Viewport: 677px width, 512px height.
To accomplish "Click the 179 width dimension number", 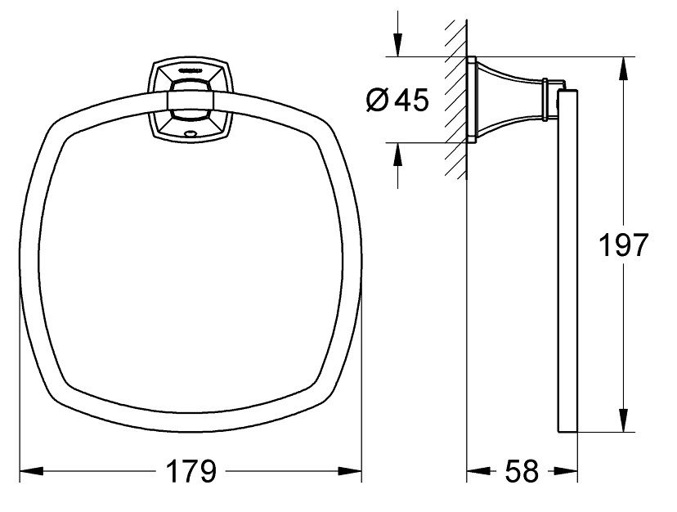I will click(x=191, y=471).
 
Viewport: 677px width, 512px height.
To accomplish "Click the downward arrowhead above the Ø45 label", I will click(x=397, y=47).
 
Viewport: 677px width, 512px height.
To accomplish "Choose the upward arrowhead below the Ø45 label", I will click(x=397, y=151).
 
